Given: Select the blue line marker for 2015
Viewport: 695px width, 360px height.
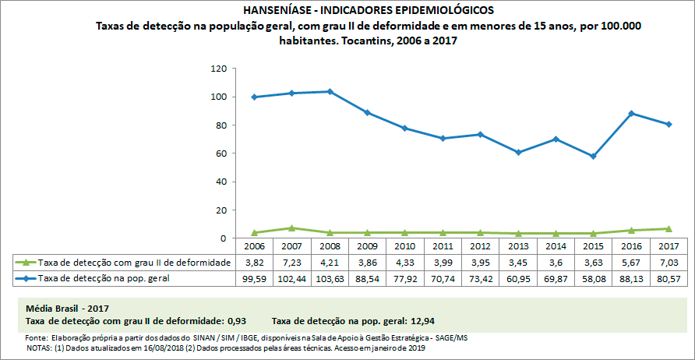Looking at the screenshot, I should coord(594,156).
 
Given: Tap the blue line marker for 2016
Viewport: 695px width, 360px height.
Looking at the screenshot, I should coord(632,113).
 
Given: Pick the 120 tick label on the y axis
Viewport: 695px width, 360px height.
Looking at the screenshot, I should coord(218,69).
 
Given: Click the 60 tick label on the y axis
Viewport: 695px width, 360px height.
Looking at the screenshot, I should coord(220,154).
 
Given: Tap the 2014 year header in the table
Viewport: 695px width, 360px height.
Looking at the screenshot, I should coord(555,247).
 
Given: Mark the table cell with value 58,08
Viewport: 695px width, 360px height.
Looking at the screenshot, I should coord(594,277).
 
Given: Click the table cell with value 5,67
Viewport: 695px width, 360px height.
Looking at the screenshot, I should coord(632,263).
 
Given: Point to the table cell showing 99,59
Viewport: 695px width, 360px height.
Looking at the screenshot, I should coord(253,277).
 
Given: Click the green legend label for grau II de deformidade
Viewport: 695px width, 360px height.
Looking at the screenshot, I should coord(134,263).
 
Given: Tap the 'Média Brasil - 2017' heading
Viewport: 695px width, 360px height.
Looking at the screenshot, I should coord(68,308).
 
